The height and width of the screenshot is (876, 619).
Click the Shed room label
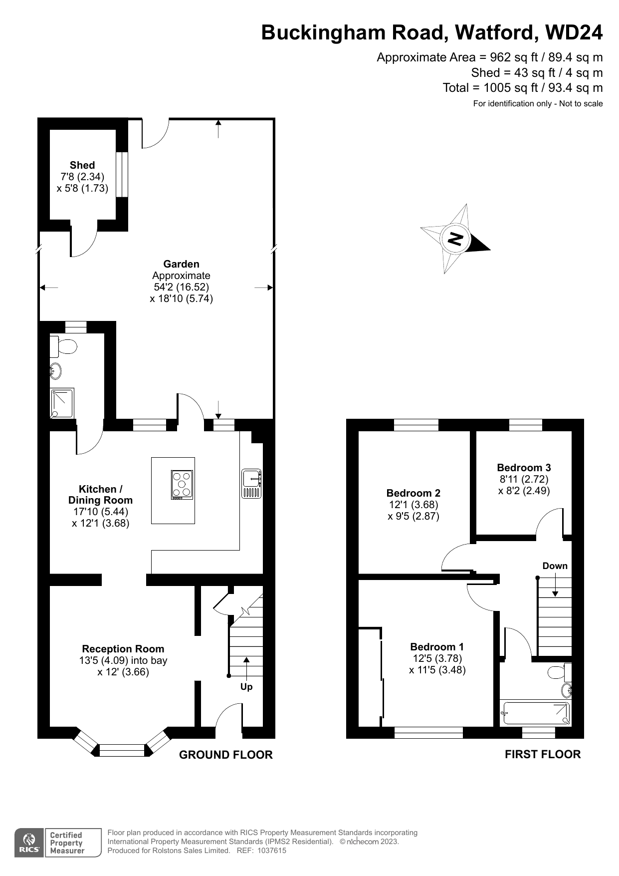point(82,165)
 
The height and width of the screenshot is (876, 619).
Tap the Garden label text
point(181,264)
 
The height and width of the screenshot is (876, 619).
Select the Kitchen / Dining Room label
point(100,495)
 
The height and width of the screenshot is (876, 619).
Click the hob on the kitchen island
point(182,485)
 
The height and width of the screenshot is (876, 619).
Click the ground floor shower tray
point(62,403)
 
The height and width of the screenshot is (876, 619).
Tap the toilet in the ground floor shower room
point(63,345)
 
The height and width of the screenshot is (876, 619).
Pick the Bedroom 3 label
point(524,468)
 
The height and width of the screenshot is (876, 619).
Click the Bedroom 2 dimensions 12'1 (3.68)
point(413,505)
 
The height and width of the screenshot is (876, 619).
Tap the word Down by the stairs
point(555,566)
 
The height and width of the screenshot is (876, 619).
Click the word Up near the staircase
point(246,687)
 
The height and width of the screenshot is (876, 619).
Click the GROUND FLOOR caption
point(226,755)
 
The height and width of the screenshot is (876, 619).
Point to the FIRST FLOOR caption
point(543,754)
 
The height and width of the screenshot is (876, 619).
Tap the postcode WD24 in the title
point(574,32)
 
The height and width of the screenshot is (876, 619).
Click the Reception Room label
point(123,649)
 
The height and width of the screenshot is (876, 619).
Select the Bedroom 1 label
point(437,647)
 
